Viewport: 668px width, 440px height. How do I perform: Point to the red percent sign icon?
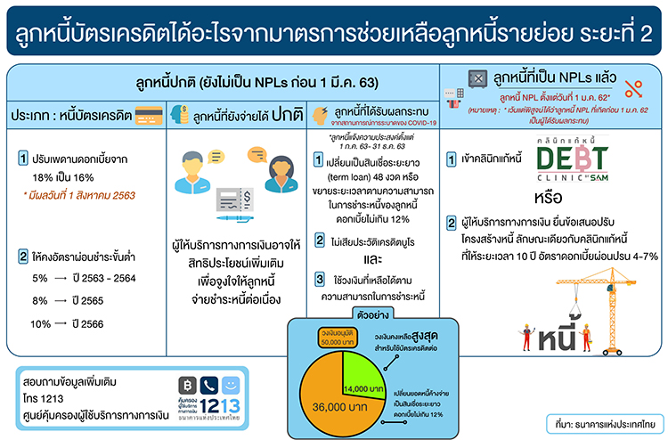[x=634, y=88]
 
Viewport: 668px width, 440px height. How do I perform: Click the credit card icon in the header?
[x=151, y=116]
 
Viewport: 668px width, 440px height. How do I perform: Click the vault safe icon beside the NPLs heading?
[x=481, y=77]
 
